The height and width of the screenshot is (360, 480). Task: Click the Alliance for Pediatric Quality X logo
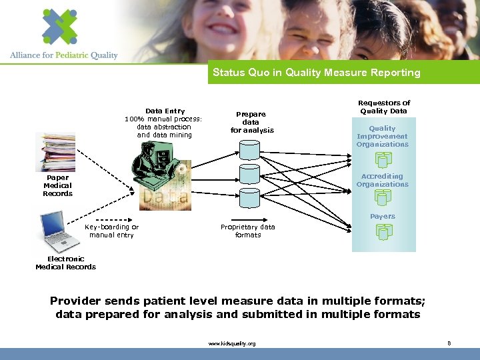(60, 27)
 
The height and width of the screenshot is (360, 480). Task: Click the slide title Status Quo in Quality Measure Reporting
(316, 73)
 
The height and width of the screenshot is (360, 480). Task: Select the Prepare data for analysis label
(251, 122)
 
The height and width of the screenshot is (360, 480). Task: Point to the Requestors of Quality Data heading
(384, 107)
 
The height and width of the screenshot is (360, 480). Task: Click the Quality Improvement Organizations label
(383, 136)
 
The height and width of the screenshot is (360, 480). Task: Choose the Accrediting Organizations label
(383, 180)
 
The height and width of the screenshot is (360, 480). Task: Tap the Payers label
(383, 216)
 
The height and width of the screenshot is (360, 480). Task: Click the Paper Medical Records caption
(57, 185)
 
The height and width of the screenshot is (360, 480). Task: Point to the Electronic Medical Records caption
(65, 263)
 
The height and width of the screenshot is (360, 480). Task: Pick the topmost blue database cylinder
(249, 150)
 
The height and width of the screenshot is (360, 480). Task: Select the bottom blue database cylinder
(249, 198)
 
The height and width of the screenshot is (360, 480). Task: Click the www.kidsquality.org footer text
(231, 343)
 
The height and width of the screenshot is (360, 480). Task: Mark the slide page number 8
(449, 343)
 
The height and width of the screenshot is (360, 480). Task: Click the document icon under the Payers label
(383, 231)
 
